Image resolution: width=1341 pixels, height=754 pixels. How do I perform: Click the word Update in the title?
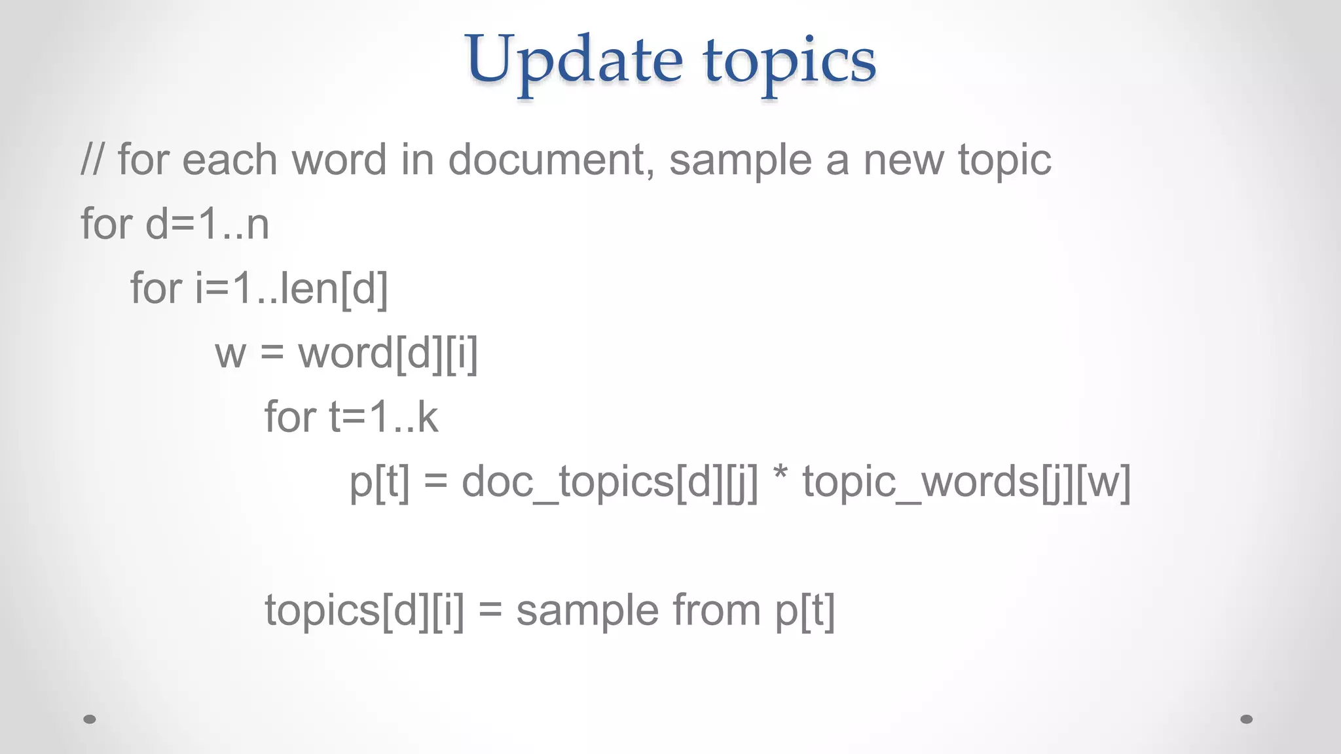tap(574, 60)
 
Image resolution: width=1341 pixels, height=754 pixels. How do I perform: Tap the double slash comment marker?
tap(92, 160)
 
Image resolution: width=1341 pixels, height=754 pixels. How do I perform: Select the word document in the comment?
tap(551, 160)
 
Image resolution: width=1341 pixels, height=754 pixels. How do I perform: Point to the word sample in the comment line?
tap(740, 161)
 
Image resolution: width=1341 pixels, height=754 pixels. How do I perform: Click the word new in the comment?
tap(904, 160)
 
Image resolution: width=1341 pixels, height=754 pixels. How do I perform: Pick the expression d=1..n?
tap(207, 224)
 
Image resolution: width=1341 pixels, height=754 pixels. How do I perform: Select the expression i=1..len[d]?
tap(291, 288)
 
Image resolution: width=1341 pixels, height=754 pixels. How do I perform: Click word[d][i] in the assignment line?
tap(388, 353)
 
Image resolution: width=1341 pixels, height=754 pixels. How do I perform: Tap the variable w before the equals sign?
tap(230, 353)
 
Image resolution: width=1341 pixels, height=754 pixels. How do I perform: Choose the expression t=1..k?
tap(383, 417)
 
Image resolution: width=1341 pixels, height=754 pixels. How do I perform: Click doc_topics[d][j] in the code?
tap(610, 482)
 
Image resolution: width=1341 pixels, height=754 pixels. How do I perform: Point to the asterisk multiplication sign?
tap(780, 476)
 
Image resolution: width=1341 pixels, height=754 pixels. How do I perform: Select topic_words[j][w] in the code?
tap(966, 482)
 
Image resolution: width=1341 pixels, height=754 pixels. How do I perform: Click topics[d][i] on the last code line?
tap(364, 611)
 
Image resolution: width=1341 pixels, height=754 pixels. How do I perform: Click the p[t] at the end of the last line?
tap(805, 611)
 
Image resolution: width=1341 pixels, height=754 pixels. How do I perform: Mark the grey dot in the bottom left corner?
tap(90, 719)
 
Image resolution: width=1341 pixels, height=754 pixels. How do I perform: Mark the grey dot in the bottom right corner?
tap(1247, 719)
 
